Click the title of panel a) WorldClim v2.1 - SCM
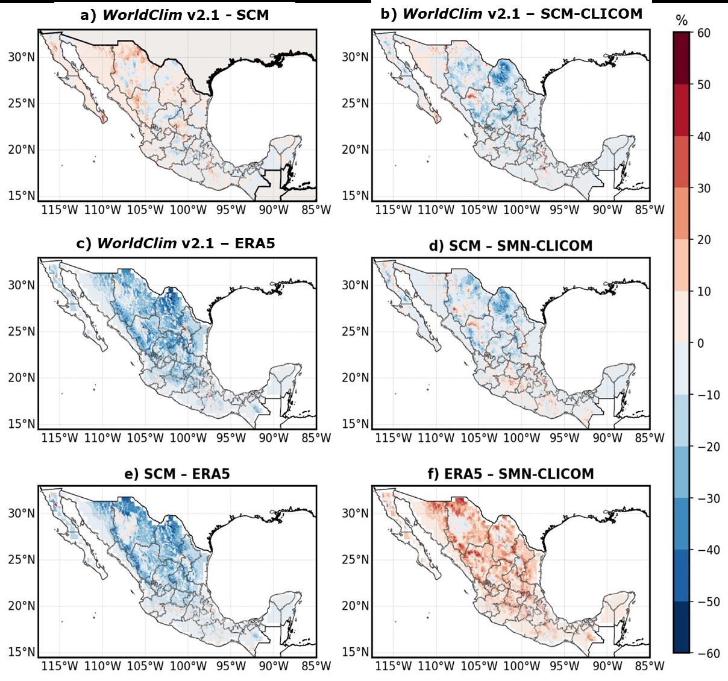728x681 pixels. [174, 15]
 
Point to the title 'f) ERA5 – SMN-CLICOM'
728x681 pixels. [510, 474]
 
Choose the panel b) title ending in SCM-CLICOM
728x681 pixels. [511, 14]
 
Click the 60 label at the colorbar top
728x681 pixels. [703, 33]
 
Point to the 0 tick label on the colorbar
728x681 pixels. [700, 343]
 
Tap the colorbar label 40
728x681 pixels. [703, 136]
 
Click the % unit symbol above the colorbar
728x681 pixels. [682, 21]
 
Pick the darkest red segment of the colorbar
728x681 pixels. [681, 58]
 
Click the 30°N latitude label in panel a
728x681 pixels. [21, 57]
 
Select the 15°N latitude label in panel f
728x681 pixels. [355, 651]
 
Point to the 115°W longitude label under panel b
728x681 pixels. [394, 210]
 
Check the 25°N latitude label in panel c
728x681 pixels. [21, 331]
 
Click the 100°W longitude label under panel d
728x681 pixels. [522, 438]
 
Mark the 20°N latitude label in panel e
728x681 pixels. [21, 606]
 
